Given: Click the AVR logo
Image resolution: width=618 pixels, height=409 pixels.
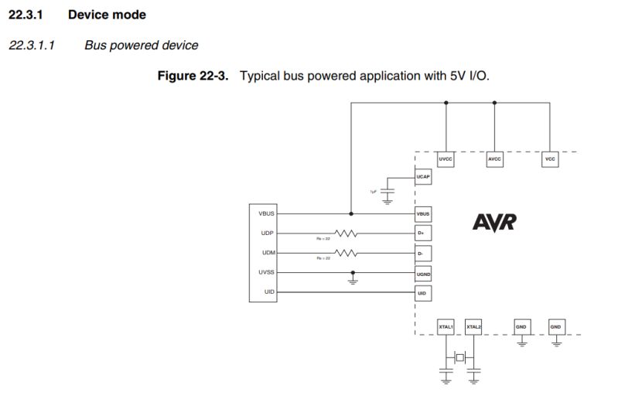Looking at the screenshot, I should click(494, 223).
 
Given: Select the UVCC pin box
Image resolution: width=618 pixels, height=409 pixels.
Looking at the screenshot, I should click(446, 158).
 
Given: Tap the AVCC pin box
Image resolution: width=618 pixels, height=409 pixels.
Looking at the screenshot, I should click(494, 158).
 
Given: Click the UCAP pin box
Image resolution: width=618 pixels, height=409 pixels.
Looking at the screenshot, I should click(423, 177).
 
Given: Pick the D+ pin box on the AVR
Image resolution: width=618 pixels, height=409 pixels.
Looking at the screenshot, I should click(423, 233).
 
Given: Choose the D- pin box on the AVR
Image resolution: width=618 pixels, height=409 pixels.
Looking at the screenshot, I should click(423, 253).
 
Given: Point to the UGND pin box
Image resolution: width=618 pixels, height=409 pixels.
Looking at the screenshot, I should click(423, 273).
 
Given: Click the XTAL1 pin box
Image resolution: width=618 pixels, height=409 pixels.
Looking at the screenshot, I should click(446, 326).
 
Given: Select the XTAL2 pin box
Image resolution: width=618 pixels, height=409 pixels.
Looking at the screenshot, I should click(473, 326).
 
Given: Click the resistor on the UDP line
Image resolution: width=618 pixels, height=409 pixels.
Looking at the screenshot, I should click(345, 233).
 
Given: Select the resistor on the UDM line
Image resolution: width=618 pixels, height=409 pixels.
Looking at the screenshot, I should click(345, 253).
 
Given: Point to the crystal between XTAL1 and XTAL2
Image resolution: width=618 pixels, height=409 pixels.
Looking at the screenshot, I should click(460, 356).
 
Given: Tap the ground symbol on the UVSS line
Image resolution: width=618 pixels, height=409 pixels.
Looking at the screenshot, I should click(353, 281).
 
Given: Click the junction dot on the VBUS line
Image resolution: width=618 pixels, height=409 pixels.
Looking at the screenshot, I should click(353, 213).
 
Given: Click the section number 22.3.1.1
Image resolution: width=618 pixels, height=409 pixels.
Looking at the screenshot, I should click(29, 45).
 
